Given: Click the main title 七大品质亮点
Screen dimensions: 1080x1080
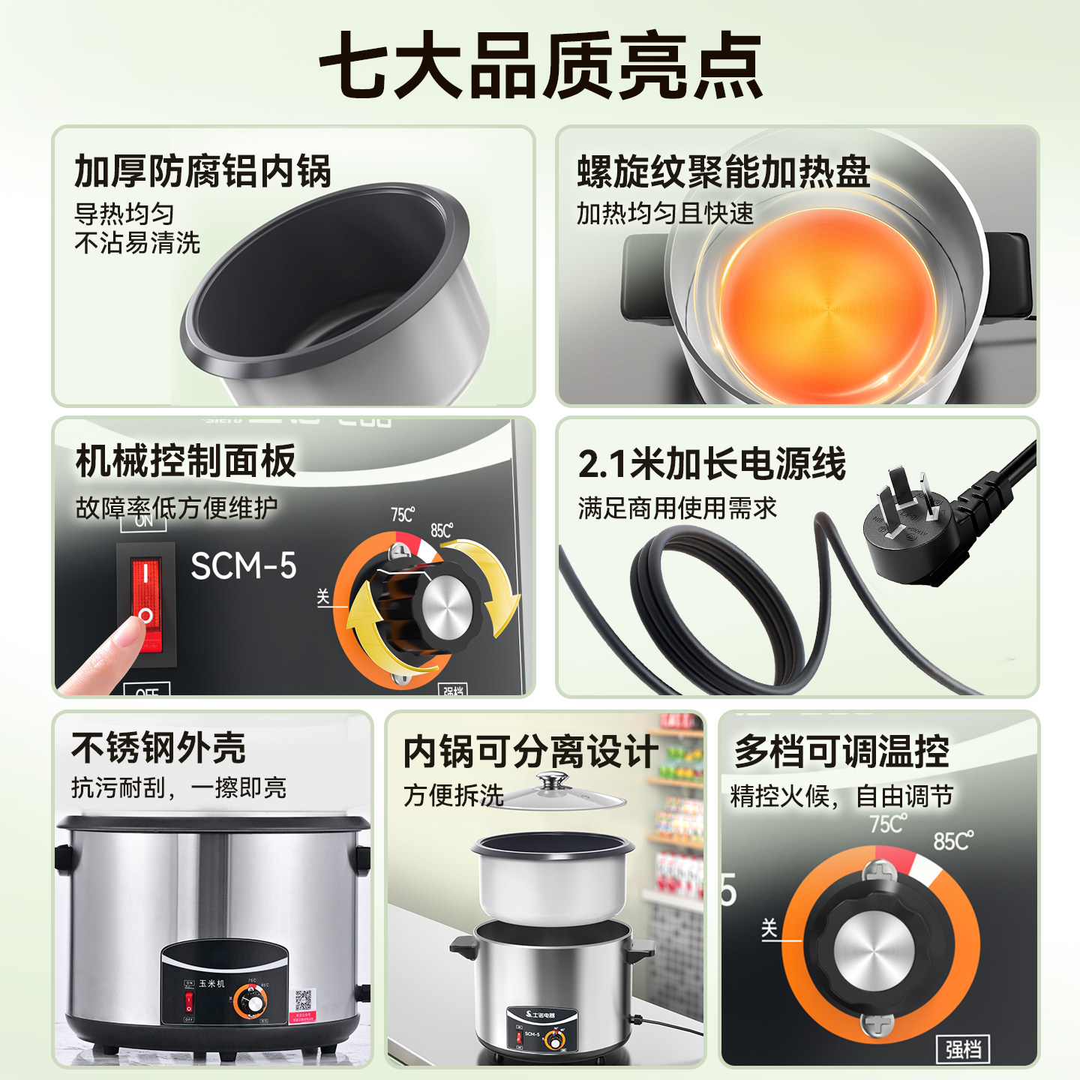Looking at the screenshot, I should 540,66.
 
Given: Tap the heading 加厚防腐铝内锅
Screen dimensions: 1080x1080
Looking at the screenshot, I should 202,171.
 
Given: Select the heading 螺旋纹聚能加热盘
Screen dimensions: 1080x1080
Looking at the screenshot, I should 723,172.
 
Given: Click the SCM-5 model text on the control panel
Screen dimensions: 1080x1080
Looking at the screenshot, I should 243,566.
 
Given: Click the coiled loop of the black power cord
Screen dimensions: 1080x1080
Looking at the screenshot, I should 712,607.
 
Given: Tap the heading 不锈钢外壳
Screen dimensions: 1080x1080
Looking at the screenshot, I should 158,747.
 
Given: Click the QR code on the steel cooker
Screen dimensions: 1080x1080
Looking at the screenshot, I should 303,1000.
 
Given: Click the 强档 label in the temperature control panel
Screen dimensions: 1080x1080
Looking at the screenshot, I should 962,1048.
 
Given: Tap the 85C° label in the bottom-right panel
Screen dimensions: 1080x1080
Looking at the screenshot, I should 952,841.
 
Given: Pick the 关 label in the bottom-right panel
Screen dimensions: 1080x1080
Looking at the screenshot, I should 769,928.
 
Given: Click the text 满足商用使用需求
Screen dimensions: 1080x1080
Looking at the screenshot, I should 676,508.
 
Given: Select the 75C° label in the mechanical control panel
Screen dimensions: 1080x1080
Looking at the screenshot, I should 402,514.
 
